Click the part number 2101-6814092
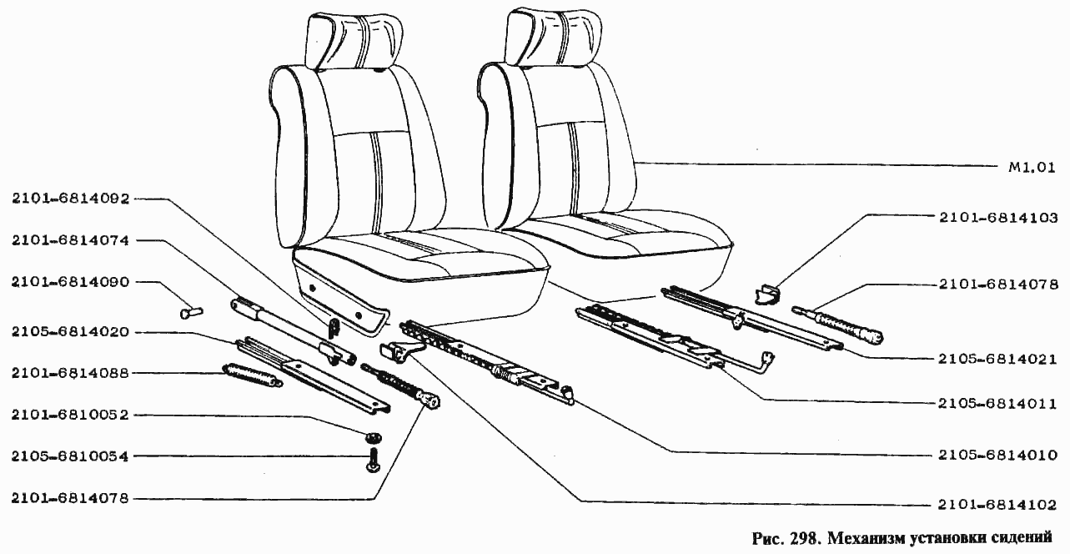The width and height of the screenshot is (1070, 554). coord(71,199)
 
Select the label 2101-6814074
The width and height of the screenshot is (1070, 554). coord(71,240)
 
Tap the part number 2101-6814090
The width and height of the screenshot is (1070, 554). coord(71,282)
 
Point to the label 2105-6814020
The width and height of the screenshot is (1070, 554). coord(71,332)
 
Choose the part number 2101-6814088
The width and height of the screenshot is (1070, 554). coord(71,373)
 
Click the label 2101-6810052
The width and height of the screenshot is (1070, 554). coord(71,415)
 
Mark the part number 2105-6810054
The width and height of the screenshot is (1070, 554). coord(71,456)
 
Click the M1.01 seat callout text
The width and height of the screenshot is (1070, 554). coord(1032,168)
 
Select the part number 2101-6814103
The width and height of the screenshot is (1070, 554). coord(998,218)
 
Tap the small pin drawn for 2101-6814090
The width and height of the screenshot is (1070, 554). coord(191,313)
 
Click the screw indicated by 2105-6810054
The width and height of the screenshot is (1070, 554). coord(373,460)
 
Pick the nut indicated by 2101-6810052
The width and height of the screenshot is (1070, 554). coord(373,436)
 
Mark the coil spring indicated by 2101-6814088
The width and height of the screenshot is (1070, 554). coord(253,375)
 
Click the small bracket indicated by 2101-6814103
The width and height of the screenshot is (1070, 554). coord(766,294)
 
